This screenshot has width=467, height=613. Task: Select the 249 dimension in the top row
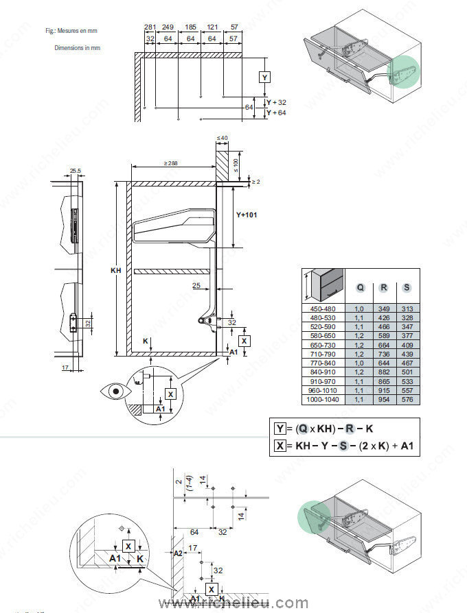click(168, 27)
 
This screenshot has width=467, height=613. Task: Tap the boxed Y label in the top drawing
click(266, 77)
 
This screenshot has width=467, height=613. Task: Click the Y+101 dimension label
click(247, 215)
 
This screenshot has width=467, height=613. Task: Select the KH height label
click(115, 272)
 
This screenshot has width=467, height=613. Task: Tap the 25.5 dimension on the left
click(75, 170)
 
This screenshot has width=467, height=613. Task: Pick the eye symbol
click(115, 392)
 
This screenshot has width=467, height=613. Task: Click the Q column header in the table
click(359, 287)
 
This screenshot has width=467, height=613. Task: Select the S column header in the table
click(407, 287)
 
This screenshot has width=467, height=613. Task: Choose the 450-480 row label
click(321, 309)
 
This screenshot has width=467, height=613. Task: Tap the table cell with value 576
click(407, 398)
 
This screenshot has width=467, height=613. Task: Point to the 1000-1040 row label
click(321, 398)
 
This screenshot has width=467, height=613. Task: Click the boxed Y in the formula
click(280, 429)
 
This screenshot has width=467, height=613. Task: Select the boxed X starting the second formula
click(280, 446)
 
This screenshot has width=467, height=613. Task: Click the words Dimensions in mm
click(78, 48)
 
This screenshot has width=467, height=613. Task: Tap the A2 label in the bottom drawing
click(177, 553)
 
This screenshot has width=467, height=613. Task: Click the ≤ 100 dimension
click(236, 165)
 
